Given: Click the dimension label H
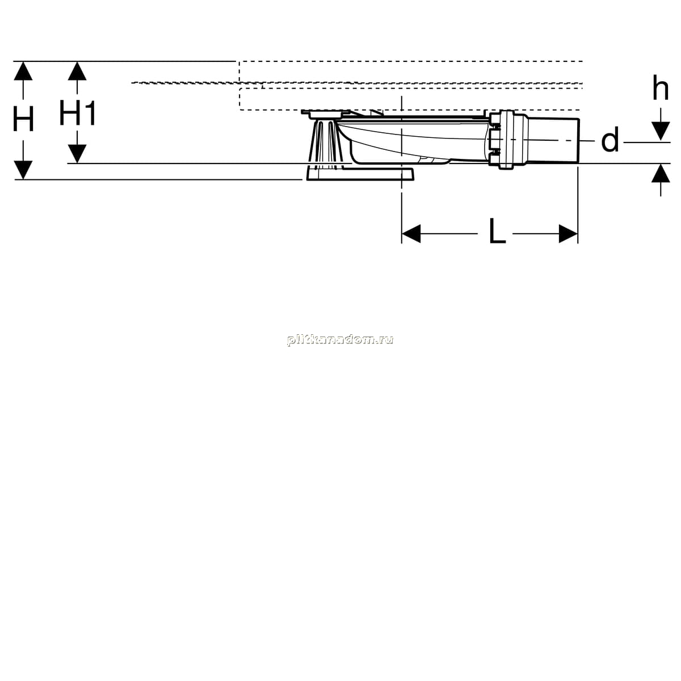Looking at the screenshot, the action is [x=23, y=119].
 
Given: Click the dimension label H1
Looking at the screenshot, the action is [x=77, y=113].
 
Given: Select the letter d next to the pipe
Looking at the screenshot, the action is [x=610, y=140].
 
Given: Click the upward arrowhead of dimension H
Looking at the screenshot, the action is [x=23, y=71].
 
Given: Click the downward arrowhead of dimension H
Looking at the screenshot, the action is [x=23, y=170].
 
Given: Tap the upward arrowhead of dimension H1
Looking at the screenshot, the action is [x=77, y=71].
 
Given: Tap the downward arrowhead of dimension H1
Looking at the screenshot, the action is [x=77, y=154].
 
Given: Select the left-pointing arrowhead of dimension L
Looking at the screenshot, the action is [x=411, y=234].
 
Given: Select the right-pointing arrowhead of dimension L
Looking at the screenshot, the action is [x=568, y=234].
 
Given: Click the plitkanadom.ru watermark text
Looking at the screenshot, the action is [x=340, y=340].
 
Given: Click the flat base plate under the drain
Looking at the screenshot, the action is [x=359, y=174].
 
